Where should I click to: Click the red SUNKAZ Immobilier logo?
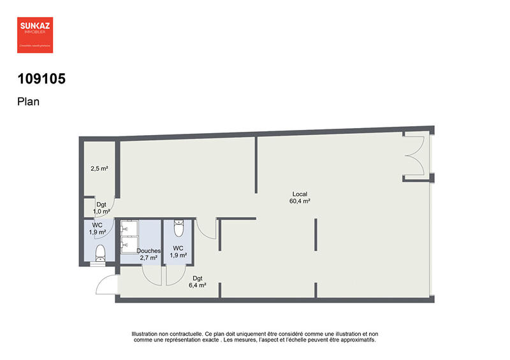(x=34, y=34)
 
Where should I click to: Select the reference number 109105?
(x=42, y=80)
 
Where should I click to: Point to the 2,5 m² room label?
(x=99, y=169)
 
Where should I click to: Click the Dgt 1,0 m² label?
(x=101, y=208)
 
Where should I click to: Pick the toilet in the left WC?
(x=100, y=254)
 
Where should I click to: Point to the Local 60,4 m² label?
(x=301, y=198)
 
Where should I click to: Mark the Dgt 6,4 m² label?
(x=197, y=282)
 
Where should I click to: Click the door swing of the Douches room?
(x=152, y=274)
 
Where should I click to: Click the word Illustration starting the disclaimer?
(x=145, y=333)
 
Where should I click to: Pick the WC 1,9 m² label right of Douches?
(x=178, y=252)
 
